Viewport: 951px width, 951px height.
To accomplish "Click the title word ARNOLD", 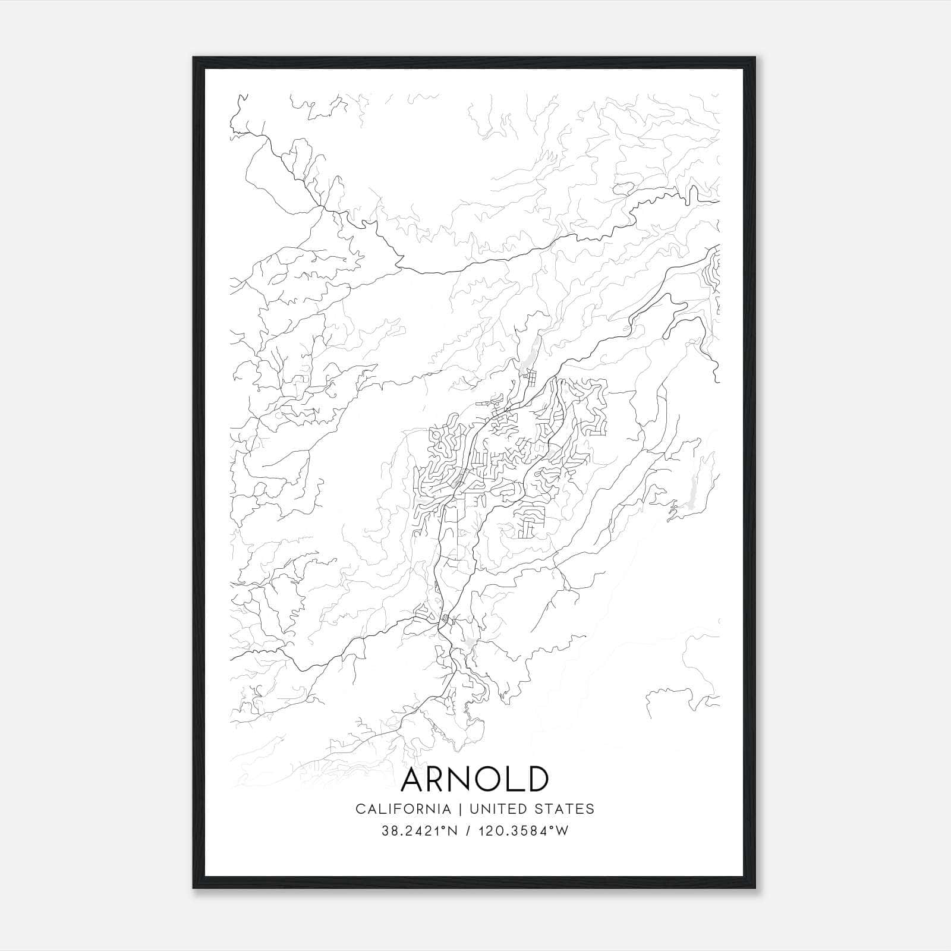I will [x=475, y=779].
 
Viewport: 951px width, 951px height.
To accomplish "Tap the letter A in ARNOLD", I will [x=414, y=779].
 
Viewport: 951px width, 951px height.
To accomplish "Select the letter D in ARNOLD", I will [x=536, y=779].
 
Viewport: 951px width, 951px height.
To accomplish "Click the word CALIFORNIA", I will [x=402, y=808].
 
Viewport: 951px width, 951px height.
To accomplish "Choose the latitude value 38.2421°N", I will [x=420, y=831].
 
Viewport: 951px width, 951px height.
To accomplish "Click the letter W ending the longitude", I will [x=562, y=831].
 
